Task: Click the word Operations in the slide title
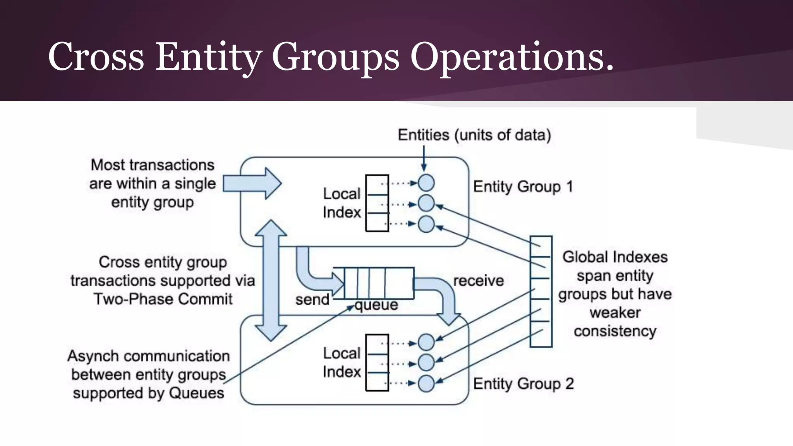click(511, 57)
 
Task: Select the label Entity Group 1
click(523, 187)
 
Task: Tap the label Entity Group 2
click(523, 384)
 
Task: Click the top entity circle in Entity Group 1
click(426, 183)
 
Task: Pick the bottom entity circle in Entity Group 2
click(426, 384)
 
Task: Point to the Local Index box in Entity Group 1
click(377, 203)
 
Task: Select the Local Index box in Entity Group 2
click(377, 363)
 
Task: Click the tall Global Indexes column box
click(541, 291)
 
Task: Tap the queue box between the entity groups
click(373, 283)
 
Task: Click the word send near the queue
click(312, 300)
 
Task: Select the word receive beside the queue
click(478, 281)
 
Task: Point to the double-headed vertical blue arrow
click(271, 280)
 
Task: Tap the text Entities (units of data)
click(474, 135)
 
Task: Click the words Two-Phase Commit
click(163, 299)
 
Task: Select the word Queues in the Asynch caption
click(196, 393)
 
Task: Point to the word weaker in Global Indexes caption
click(615, 312)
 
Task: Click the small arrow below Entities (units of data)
click(424, 159)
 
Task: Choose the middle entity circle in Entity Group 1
click(426, 203)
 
